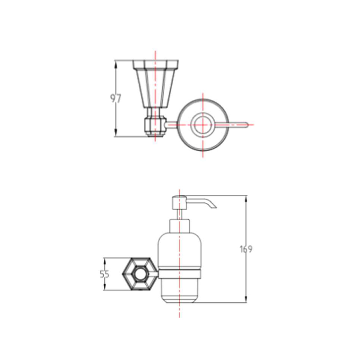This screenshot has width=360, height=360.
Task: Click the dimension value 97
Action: (116, 99)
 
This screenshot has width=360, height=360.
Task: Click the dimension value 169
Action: (246, 249)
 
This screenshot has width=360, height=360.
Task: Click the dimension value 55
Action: (105, 274)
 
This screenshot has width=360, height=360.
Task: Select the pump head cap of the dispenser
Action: (179, 202)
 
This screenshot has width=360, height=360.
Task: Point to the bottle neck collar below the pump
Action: (179, 226)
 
